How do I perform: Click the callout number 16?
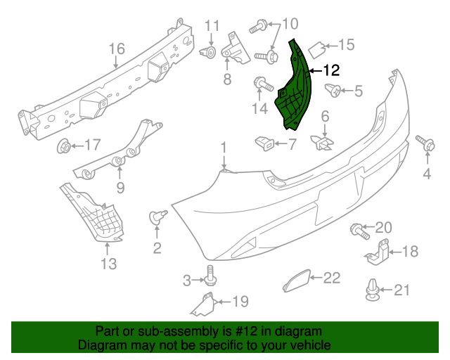pyautogui.click(x=117, y=49)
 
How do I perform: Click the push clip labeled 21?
pyautogui.click(x=373, y=289)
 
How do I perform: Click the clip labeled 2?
pyautogui.click(x=157, y=217)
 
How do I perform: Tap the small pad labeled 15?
pyautogui.click(x=318, y=49)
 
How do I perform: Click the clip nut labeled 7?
pyautogui.click(x=266, y=143)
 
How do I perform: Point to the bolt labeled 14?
pyautogui.click(x=262, y=84)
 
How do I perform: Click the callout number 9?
pyautogui.click(x=120, y=187)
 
